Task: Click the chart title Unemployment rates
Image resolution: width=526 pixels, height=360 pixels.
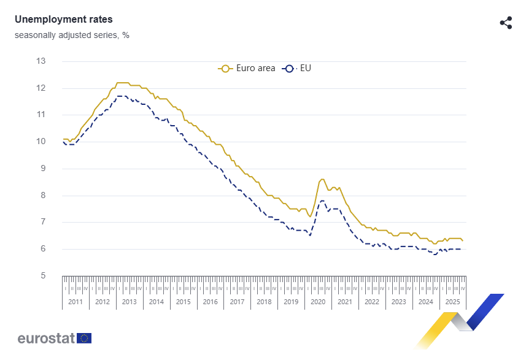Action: (63, 20)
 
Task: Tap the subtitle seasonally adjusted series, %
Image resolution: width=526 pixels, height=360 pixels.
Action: (72, 35)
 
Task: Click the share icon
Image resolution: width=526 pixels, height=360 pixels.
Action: (506, 23)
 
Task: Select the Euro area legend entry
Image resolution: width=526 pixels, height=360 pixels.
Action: (247, 68)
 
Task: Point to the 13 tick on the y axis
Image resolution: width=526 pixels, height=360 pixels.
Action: (41, 61)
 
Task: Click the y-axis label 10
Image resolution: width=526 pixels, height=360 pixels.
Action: (41, 142)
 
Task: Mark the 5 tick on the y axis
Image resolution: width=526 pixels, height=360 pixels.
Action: (43, 276)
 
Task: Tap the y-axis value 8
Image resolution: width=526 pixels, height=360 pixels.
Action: (43, 196)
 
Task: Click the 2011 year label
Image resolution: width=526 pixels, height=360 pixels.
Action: (75, 302)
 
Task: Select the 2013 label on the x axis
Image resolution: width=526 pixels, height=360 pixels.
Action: (130, 302)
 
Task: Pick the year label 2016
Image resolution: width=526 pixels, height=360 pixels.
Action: (210, 302)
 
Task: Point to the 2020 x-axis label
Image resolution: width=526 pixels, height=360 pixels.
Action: (318, 302)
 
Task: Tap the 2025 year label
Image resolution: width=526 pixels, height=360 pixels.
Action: (452, 302)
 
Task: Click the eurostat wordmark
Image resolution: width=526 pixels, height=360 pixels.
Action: (46, 338)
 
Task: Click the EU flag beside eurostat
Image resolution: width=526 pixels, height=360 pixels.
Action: (84, 338)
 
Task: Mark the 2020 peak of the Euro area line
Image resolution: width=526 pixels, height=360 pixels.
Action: (322, 179)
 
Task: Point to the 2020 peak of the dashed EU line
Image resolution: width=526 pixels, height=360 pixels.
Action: (322, 201)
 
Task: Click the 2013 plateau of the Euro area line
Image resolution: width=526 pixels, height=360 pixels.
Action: (123, 82)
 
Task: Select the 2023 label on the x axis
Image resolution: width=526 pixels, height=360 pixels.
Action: (398, 302)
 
